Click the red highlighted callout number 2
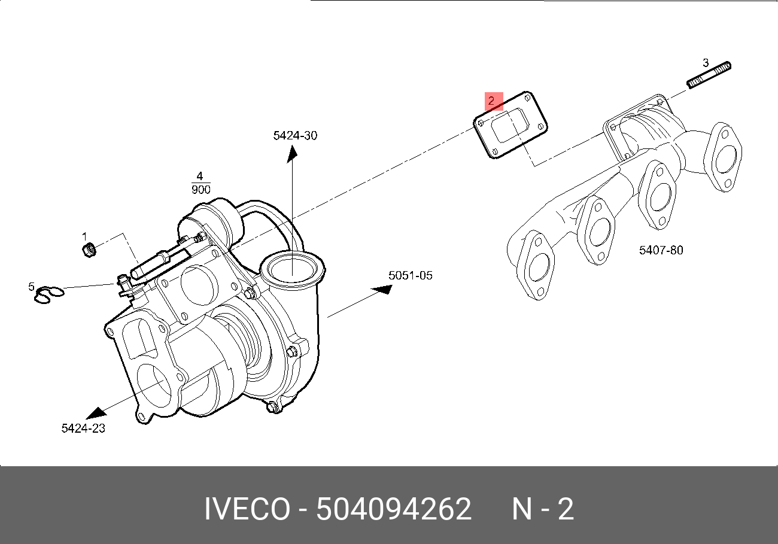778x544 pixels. [x=491, y=101]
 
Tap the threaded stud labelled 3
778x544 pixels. [x=710, y=75]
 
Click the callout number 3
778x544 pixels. [x=706, y=63]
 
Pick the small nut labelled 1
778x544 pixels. [x=88, y=250]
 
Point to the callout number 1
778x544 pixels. [x=84, y=236]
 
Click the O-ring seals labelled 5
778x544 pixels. [x=48, y=295]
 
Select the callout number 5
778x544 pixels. [x=32, y=287]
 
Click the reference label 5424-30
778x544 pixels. [x=295, y=136]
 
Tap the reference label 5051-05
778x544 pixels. [x=410, y=276]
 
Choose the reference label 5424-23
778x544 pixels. [x=83, y=428]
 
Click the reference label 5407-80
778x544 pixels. [x=661, y=250]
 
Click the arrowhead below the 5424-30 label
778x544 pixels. [x=292, y=154]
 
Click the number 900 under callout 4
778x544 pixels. [x=200, y=190]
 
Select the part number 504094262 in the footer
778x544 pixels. [x=394, y=510]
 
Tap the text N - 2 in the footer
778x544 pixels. [x=543, y=510]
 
